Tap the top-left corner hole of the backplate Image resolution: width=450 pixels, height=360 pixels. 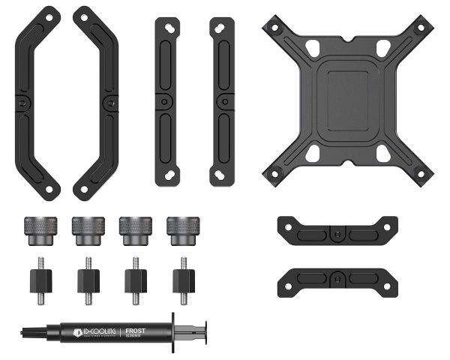[274, 27]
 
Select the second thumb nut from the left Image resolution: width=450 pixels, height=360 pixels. [87, 229]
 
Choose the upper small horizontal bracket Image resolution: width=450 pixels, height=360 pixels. [337, 230]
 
